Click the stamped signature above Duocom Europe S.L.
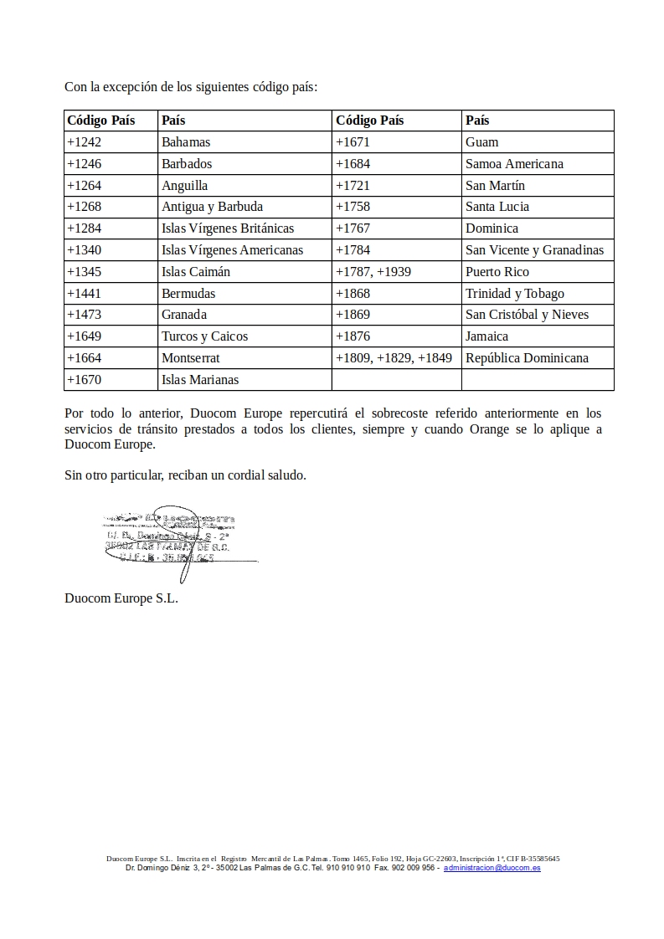pos(172,540)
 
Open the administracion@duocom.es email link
pos(492,868)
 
